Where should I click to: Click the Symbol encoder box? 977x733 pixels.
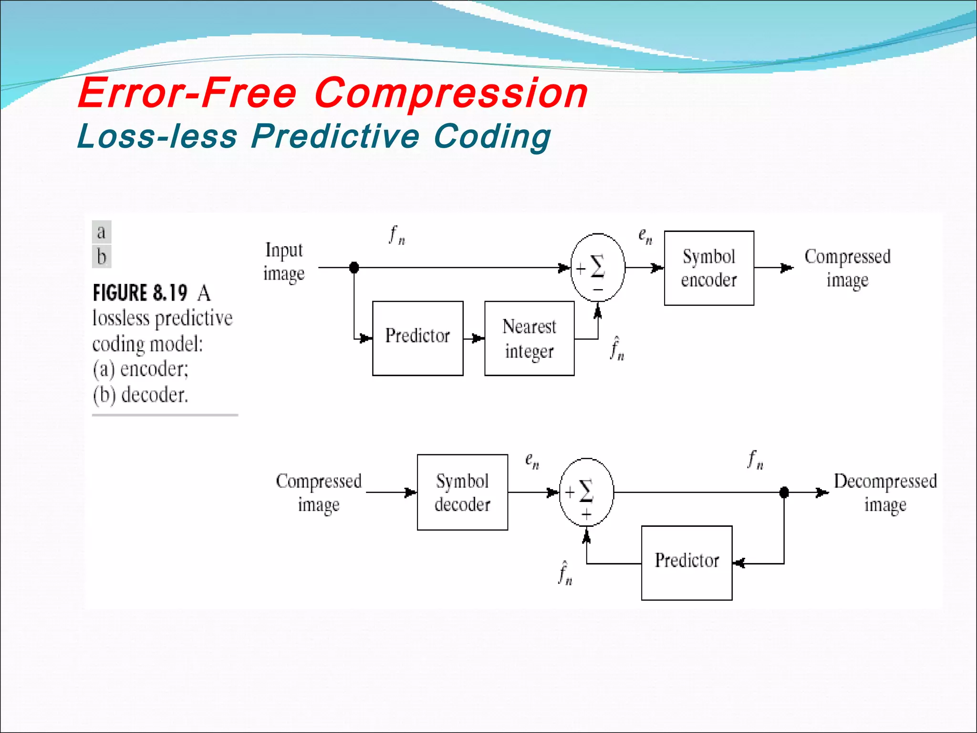[709, 268]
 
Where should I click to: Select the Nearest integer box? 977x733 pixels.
[529, 338]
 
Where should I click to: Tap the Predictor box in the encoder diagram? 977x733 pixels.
[417, 338]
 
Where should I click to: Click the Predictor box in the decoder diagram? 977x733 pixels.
[686, 563]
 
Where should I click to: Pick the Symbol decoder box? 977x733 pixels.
[462, 492]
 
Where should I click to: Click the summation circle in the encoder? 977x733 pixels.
[598, 268]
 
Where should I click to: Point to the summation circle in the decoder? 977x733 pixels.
[586, 492]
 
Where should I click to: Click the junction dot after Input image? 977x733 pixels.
[354, 268]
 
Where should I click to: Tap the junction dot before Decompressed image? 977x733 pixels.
[784, 492]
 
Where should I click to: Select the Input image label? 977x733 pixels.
[284, 262]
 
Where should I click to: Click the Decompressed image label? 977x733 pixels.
[885, 492]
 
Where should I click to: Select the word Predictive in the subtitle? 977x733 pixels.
[335, 136]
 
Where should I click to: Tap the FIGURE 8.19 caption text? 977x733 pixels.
[140, 293]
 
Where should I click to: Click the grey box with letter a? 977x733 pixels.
[102, 232]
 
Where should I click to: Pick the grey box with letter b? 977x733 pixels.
[102, 257]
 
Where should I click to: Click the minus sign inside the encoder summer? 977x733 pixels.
[598, 290]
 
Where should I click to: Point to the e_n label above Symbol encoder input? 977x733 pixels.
[645, 236]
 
